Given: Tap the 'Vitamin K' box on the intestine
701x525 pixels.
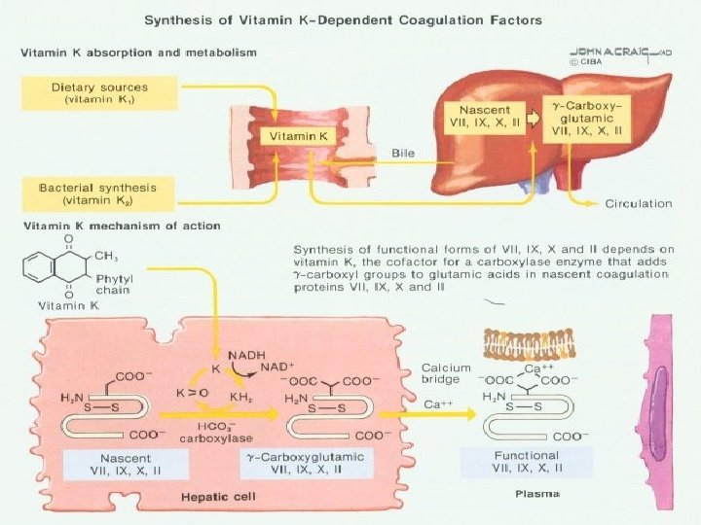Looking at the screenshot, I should pyautogui.click(x=300, y=137).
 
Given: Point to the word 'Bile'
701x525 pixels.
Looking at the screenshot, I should pyautogui.click(x=402, y=154).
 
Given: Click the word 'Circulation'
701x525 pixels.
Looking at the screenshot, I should pyautogui.click(x=638, y=204).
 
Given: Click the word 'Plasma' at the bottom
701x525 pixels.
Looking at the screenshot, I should pyautogui.click(x=537, y=495).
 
